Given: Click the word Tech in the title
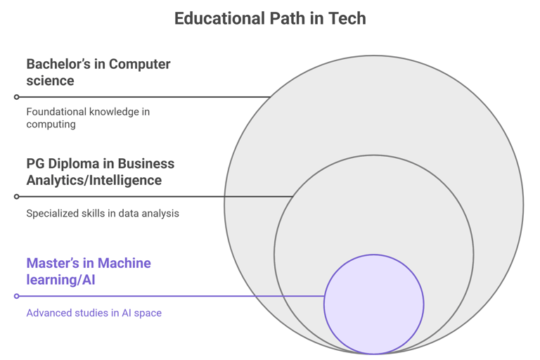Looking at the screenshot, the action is tap(347, 18).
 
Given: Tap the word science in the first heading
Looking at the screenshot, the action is tap(50, 81).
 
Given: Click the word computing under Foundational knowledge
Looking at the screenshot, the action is tap(51, 124).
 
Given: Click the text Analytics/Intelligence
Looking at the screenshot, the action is tap(94, 181).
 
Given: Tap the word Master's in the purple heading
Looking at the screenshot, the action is tap(53, 264).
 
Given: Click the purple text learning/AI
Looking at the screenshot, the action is tap(60, 280).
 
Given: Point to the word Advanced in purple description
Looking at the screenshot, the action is tap(49, 313).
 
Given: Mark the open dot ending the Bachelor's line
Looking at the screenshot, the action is tap(17, 97).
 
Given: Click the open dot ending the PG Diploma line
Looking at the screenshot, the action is tap(17, 197).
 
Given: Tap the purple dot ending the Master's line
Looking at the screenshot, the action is tap(17, 296).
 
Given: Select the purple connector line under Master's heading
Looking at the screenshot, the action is tap(169, 296).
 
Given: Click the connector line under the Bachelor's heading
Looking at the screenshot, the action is tap(141, 97).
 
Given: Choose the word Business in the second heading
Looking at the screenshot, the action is tap(146, 164).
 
